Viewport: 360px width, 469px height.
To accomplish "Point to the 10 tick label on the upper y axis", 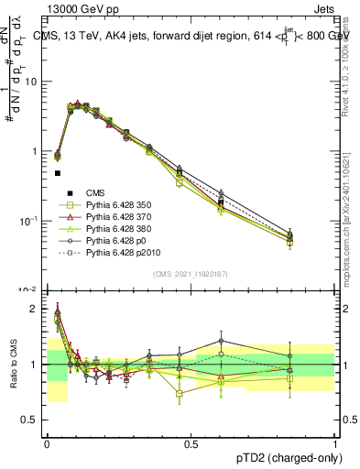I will point(30,82).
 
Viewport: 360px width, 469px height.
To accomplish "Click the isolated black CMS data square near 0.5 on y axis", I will point(57,172).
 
